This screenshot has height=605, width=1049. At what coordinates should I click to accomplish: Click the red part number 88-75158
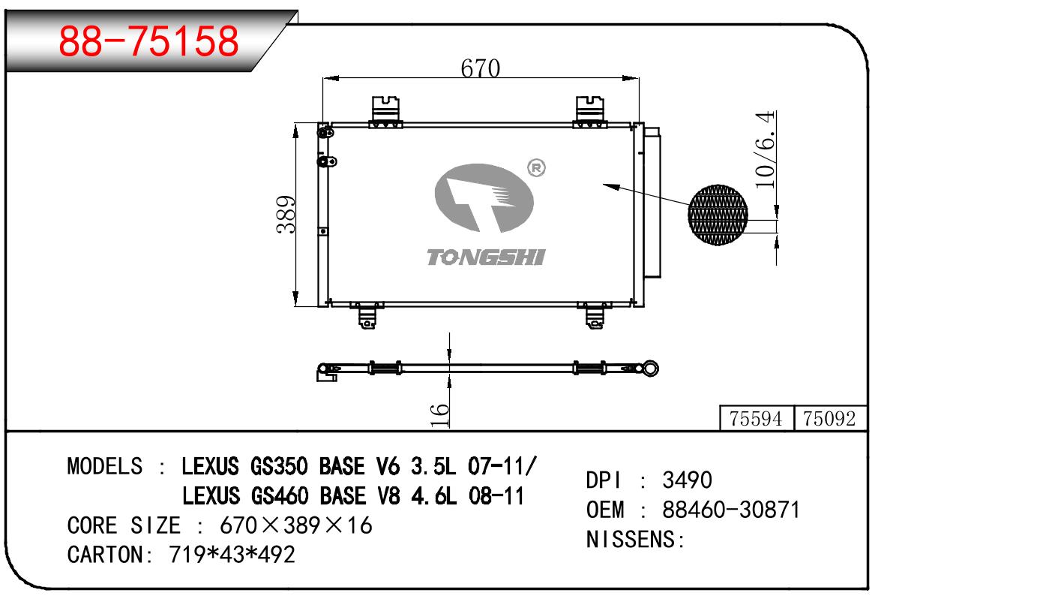point(148,41)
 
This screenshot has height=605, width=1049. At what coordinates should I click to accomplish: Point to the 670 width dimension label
point(480,68)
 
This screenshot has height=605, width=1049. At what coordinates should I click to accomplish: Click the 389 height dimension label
point(286,215)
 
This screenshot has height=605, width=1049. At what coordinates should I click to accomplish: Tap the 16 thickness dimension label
point(439,414)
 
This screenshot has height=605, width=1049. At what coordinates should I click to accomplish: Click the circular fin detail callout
point(718,215)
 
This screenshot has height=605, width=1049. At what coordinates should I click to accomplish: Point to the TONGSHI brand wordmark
point(486,257)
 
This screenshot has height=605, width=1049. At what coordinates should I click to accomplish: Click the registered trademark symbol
point(536,168)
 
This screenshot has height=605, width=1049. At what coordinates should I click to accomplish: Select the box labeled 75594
point(757,418)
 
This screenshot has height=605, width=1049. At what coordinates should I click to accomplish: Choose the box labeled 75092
point(830,418)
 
